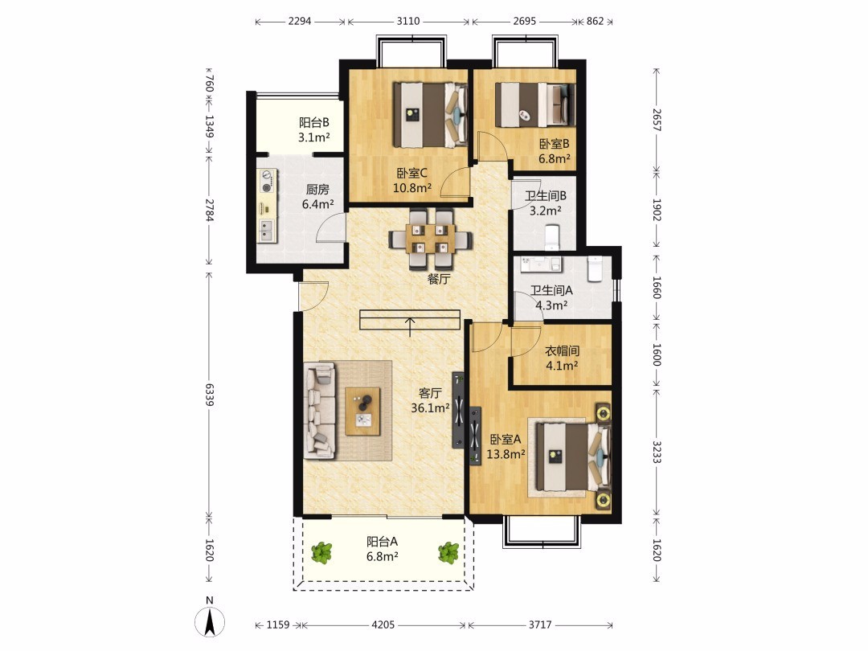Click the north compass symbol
point(210,621)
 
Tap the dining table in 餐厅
point(430,240)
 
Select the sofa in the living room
point(319,410)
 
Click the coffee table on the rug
point(362,411)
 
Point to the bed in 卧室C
point(430,115)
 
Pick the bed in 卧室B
point(534,104)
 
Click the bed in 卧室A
point(570,457)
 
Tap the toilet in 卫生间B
point(553,236)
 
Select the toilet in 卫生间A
point(595,268)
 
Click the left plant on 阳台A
point(321,552)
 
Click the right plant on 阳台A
point(448,552)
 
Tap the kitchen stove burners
point(268,181)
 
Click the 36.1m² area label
point(430,408)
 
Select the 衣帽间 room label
point(562,351)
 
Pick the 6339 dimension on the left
point(209,394)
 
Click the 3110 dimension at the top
point(408,21)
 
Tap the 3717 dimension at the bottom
point(540,624)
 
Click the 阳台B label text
point(314,122)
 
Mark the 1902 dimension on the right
point(657,210)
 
